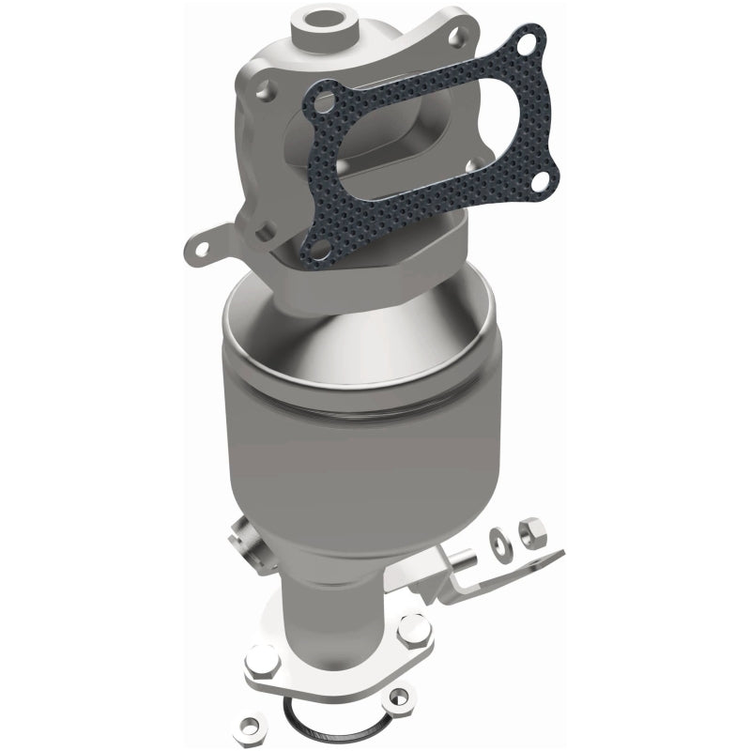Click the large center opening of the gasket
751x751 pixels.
coord(422,141)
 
